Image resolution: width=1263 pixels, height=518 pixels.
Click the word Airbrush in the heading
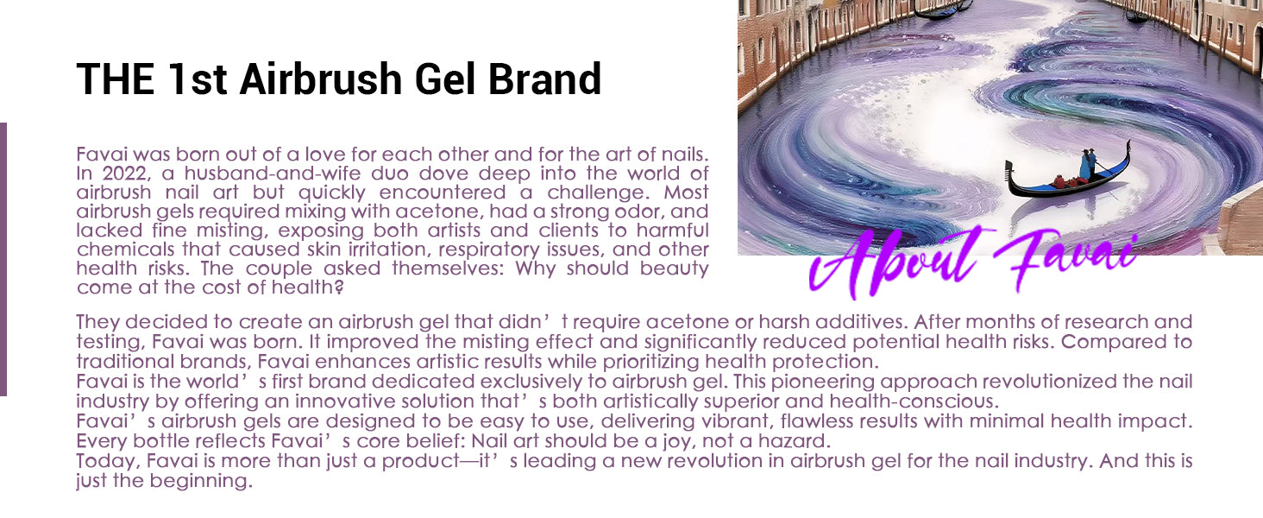point(321,79)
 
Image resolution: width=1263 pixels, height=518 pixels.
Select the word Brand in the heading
point(544,79)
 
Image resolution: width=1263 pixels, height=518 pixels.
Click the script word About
point(896,263)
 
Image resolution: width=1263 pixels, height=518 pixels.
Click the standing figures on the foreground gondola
point(1087,166)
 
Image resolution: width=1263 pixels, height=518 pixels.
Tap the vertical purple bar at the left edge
point(3,259)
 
